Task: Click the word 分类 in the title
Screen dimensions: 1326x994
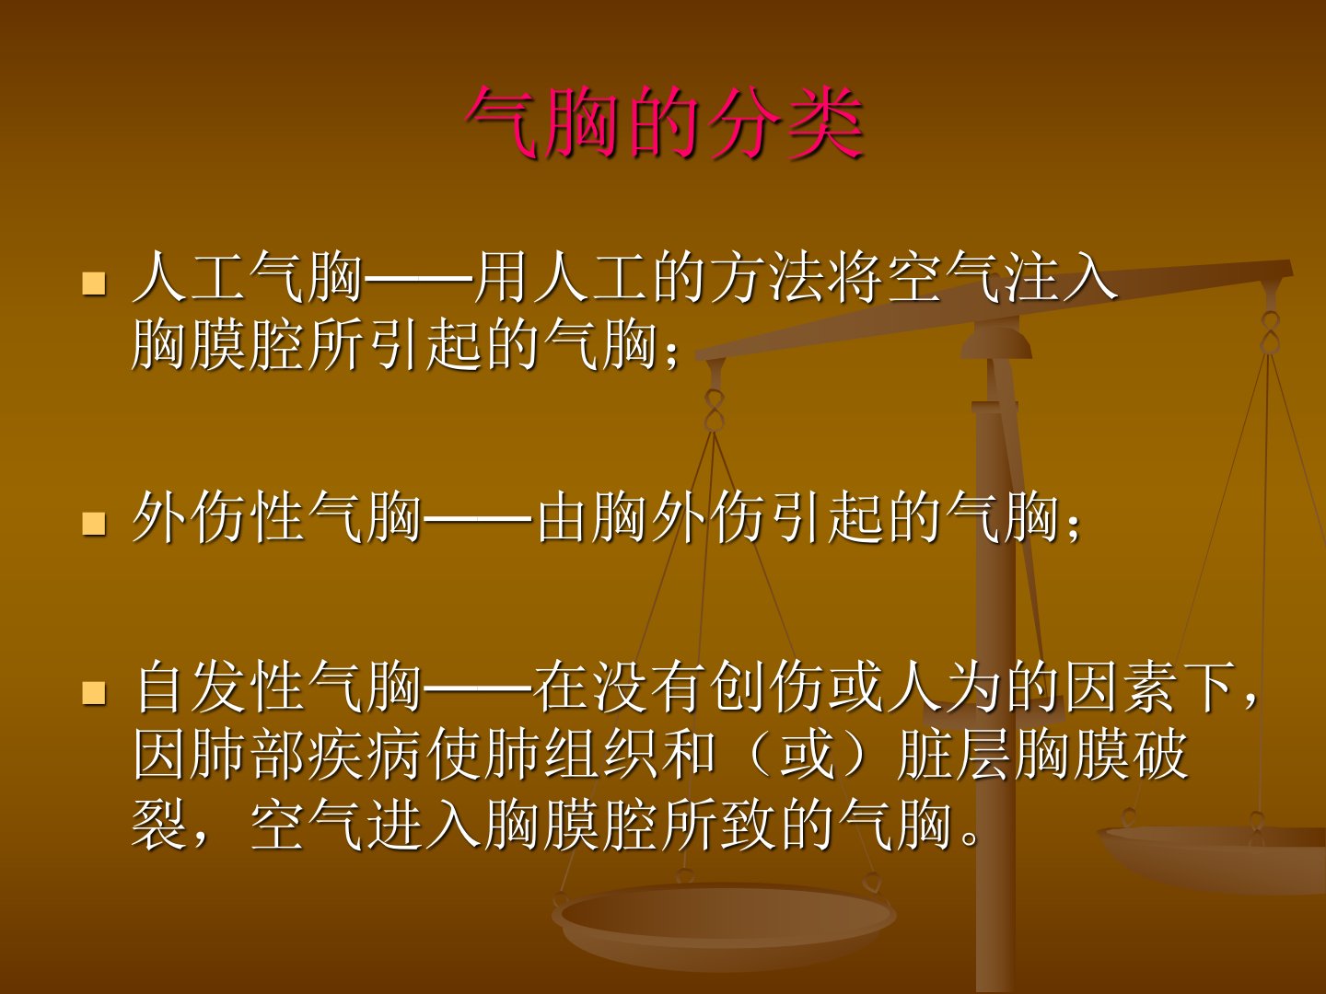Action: [x=786, y=123]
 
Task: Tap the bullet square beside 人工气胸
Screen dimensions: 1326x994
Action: [x=94, y=283]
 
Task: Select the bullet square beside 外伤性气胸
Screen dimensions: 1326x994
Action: [x=94, y=524]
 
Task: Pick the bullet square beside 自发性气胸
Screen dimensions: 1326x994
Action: [x=94, y=693]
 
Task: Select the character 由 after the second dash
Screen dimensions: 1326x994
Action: [x=563, y=518]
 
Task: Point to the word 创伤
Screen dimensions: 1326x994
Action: [x=765, y=687]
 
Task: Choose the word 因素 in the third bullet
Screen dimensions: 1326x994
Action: [x=1120, y=687]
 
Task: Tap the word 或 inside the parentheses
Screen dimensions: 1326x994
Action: [x=807, y=755]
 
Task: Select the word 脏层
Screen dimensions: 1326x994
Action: [x=953, y=755]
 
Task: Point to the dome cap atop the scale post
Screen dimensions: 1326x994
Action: [x=996, y=341]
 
